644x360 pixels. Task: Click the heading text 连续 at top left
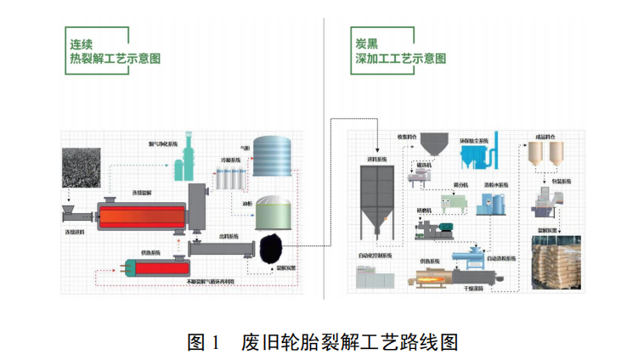coord(82,42)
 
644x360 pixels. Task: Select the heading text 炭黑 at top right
coord(367,42)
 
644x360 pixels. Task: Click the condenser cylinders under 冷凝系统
coord(232,179)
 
